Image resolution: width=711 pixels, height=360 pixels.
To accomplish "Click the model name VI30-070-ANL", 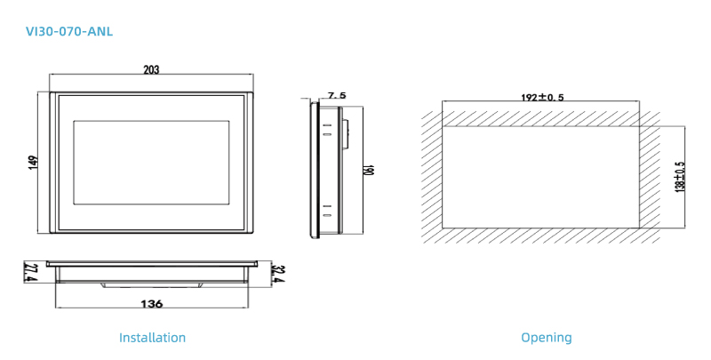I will tap(70, 32).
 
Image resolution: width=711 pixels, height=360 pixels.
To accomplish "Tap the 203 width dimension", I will tap(151, 70).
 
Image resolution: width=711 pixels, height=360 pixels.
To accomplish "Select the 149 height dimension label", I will tap(34, 163).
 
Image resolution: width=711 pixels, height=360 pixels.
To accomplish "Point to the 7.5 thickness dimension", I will tap(336, 95).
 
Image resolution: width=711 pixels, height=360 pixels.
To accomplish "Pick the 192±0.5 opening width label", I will tap(541, 97).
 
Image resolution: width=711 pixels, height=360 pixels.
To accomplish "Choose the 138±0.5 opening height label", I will tap(680, 176).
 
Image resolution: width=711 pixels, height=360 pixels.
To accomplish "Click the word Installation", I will tap(153, 338).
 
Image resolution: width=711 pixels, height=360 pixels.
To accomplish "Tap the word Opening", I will tap(547, 338).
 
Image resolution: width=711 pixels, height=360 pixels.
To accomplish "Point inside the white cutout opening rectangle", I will tap(540, 176).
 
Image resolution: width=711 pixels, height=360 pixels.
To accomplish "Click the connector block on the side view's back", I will tap(346, 133).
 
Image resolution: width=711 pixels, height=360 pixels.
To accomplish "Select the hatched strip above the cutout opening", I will tap(540, 117).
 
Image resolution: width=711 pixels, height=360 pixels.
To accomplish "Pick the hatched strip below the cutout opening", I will tap(540, 236).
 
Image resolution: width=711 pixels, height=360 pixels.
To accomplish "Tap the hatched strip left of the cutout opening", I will tap(431, 176).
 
